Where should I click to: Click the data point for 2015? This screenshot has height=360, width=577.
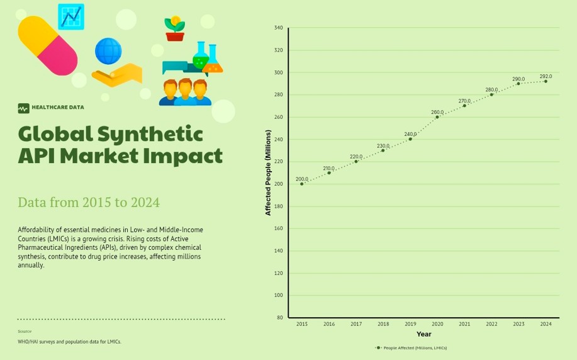coord(302,184)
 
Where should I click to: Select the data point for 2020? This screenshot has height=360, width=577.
coord(437,117)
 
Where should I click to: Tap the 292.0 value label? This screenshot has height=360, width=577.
coord(546,76)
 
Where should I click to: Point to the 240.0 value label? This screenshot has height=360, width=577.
coord(410,134)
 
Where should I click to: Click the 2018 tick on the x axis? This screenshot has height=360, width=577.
coord(383,324)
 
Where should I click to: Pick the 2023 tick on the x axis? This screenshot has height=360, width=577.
coord(518,324)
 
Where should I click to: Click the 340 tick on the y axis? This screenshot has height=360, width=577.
coord(279,28)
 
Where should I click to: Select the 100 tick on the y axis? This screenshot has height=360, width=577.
coord(279,295)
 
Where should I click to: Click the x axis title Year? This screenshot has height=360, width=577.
coord(423,334)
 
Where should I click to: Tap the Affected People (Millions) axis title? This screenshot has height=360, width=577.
coord(268,172)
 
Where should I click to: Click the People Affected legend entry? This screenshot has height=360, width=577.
coord(412,347)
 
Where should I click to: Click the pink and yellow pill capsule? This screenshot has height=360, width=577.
coord(47,45)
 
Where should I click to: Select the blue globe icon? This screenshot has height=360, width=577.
coord(108,51)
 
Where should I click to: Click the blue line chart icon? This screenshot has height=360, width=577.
coord(71,16)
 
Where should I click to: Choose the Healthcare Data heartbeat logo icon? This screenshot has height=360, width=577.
coord(23,108)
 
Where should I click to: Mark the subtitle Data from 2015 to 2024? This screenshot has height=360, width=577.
coord(89,202)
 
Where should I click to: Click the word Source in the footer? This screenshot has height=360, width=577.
coord(25,331)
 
